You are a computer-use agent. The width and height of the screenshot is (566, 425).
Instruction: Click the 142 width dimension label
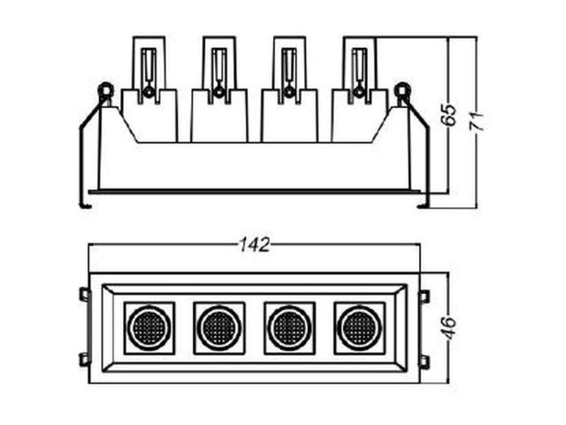click(255, 245)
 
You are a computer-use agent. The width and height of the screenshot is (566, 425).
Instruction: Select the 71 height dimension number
click(476, 121)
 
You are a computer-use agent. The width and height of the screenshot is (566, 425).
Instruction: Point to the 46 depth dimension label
click(449, 328)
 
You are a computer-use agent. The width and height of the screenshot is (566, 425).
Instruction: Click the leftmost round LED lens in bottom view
click(149, 328)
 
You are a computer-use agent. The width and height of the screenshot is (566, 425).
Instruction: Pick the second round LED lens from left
click(219, 328)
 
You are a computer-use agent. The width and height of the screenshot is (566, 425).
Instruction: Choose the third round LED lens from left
click(289, 328)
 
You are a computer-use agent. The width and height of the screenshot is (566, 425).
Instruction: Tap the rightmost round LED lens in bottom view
click(360, 328)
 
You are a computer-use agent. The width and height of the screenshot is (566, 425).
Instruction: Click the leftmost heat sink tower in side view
click(149, 89)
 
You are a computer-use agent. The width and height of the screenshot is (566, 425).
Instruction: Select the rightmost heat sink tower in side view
click(360, 89)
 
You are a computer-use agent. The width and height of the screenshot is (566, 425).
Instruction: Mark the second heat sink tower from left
click(219, 89)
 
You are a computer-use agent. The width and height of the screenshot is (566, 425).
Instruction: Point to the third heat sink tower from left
click(289, 89)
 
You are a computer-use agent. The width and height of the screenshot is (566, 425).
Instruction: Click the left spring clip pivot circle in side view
click(106, 89)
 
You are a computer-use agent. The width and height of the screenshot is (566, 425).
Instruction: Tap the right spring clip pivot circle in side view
click(402, 89)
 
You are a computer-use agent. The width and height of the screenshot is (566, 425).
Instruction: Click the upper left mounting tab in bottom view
click(85, 294)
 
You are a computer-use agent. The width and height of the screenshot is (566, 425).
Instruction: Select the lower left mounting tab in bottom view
click(85, 360)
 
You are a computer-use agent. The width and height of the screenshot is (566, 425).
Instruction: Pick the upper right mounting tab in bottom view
click(424, 297)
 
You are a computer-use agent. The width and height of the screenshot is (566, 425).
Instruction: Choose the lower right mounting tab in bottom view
click(424, 362)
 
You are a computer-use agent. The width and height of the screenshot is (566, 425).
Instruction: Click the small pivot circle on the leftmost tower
click(149, 93)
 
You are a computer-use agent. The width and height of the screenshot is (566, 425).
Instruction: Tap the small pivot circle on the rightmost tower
click(359, 92)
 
